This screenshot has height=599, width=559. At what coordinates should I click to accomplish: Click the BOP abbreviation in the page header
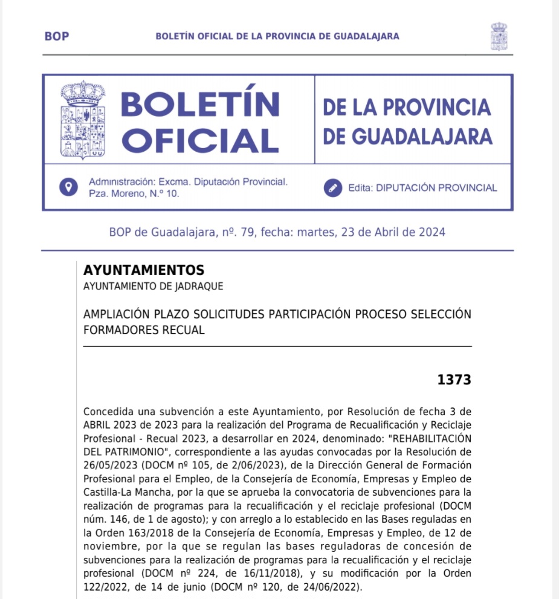point(57,36)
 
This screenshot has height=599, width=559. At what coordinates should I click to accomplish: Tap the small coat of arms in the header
point(499,36)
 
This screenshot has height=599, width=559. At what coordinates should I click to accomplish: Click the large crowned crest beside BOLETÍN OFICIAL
point(83,120)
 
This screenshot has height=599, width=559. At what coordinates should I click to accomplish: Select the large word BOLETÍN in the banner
point(200,105)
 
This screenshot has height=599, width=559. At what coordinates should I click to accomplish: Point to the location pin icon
point(68,187)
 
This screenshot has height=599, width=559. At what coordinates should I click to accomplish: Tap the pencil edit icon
point(332,187)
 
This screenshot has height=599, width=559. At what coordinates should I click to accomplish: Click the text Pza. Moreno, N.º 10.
point(134,193)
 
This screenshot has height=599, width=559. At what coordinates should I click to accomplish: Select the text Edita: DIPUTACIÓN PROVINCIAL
point(422,188)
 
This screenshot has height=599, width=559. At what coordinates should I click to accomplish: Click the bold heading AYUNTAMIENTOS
point(144,270)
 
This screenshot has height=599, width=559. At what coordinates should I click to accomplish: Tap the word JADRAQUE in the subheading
point(200,287)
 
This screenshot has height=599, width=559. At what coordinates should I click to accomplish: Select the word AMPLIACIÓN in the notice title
point(116,314)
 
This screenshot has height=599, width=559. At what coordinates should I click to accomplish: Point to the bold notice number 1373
point(454,380)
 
